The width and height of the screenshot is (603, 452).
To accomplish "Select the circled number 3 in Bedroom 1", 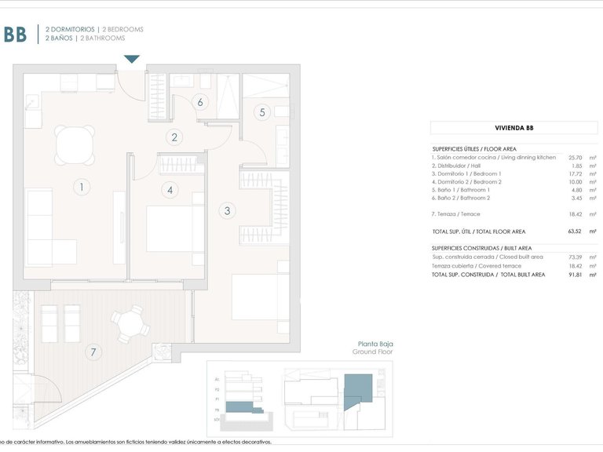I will [227, 210].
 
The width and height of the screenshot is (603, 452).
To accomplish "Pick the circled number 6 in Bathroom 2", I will [200, 102].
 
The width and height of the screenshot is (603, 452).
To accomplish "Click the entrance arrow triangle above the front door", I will [132, 59].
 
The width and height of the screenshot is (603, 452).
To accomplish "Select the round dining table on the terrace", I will [128, 321].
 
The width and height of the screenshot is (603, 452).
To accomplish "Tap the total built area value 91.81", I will [576, 275].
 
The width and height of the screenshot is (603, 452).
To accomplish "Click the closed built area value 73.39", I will [576, 257].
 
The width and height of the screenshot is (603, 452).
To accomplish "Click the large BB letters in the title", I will [15, 34].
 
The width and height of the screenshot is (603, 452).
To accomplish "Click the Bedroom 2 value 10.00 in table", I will [577, 181].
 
